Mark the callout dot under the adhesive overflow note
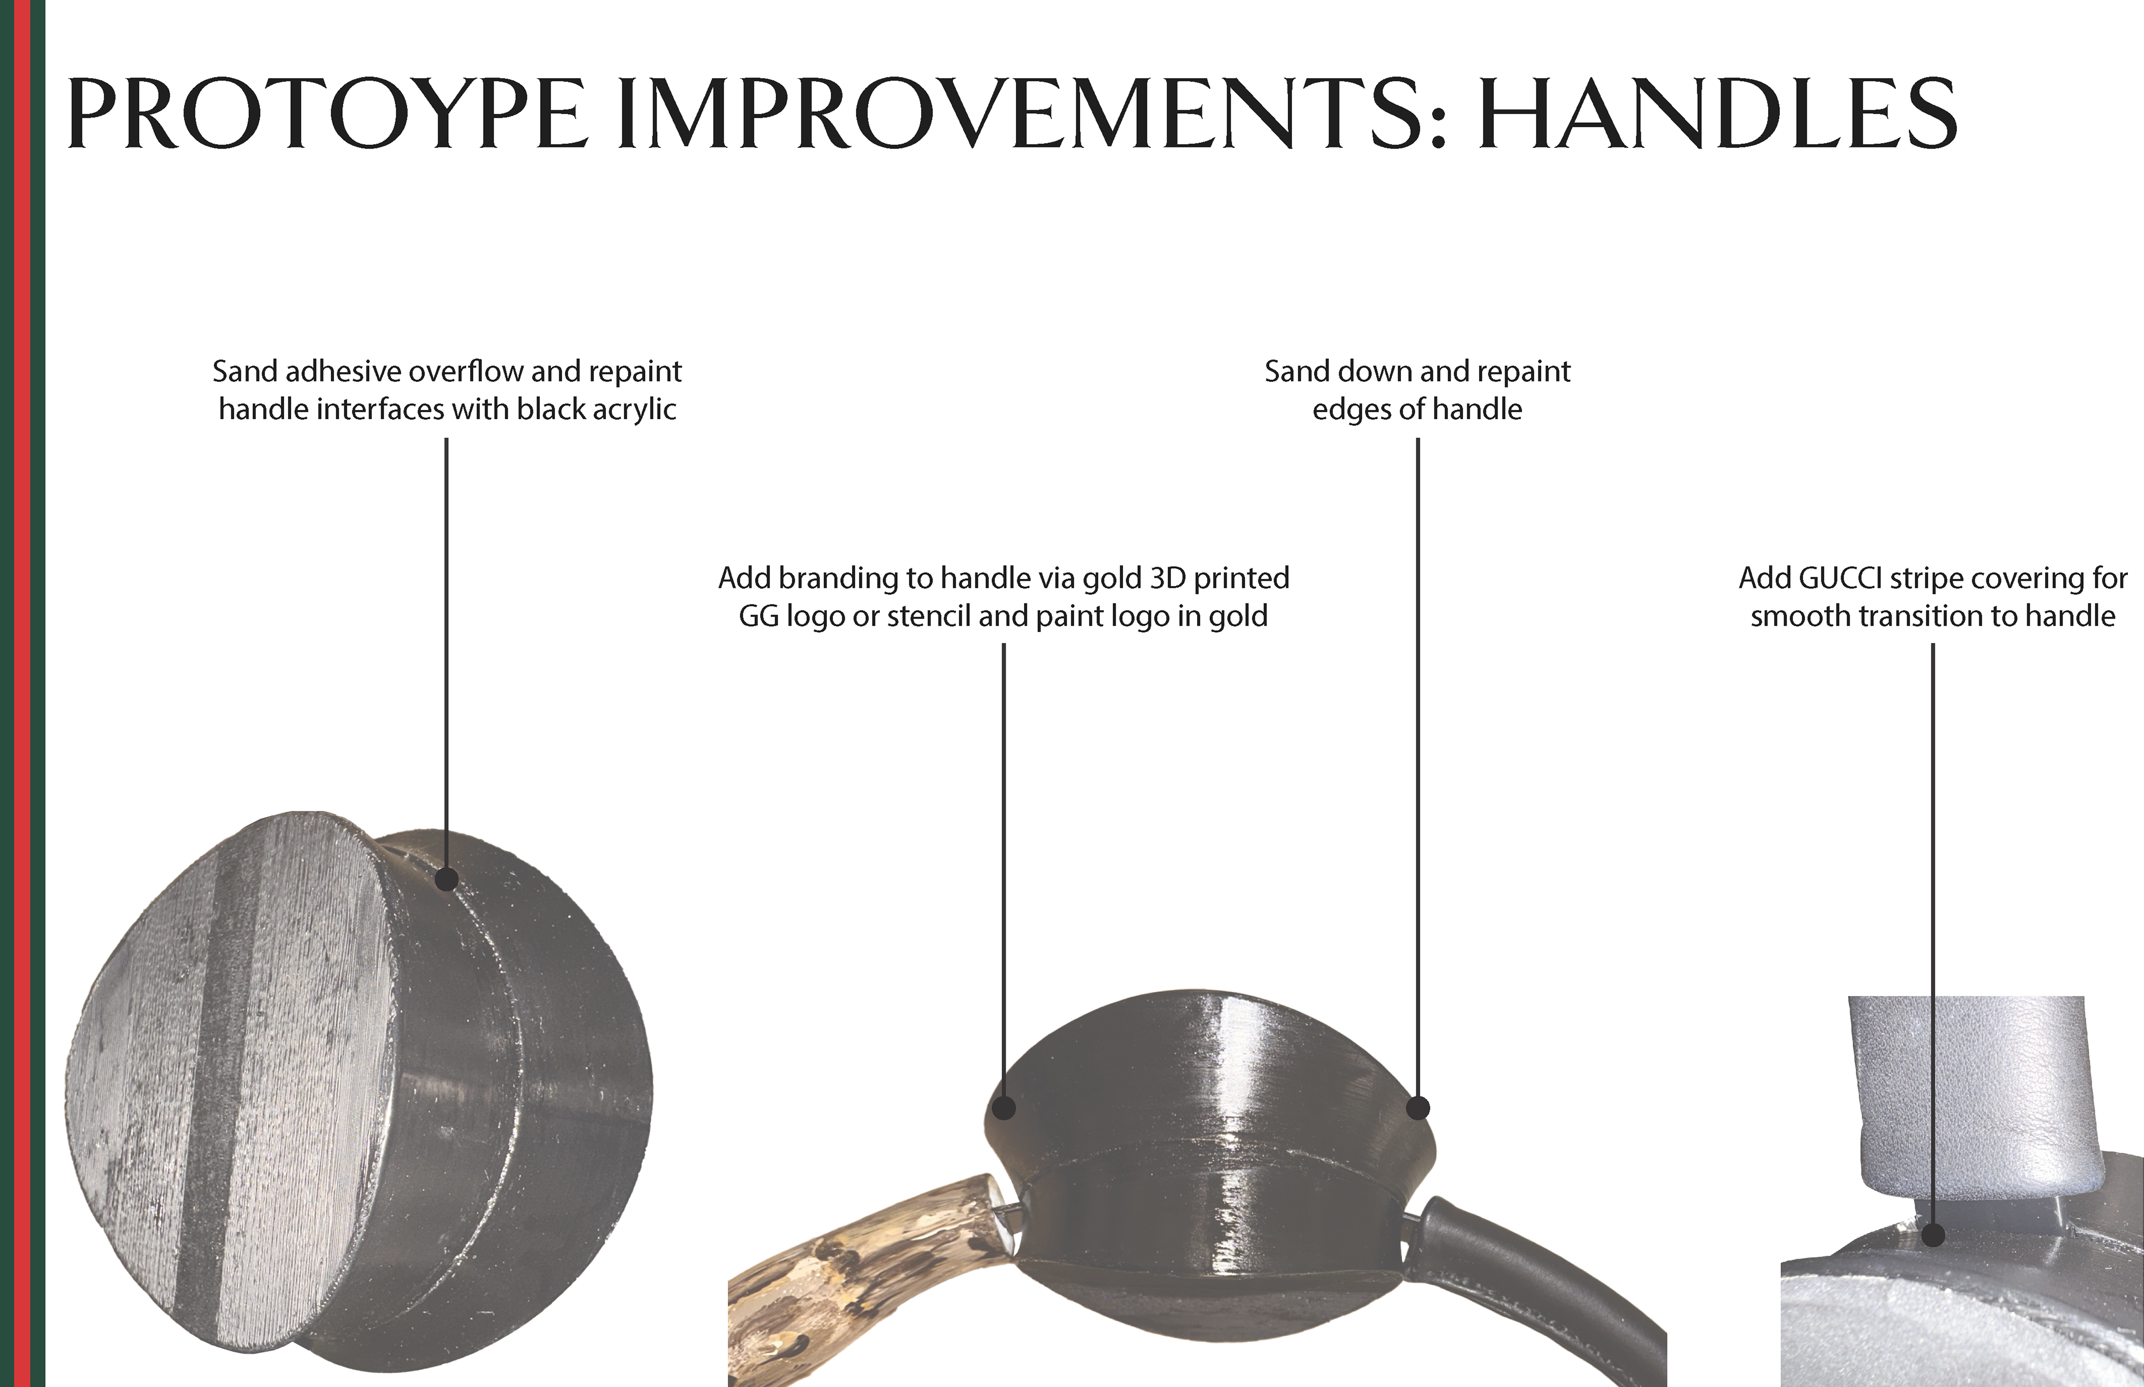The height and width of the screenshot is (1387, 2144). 447,879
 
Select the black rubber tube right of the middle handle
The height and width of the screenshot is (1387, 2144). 1532,1288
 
